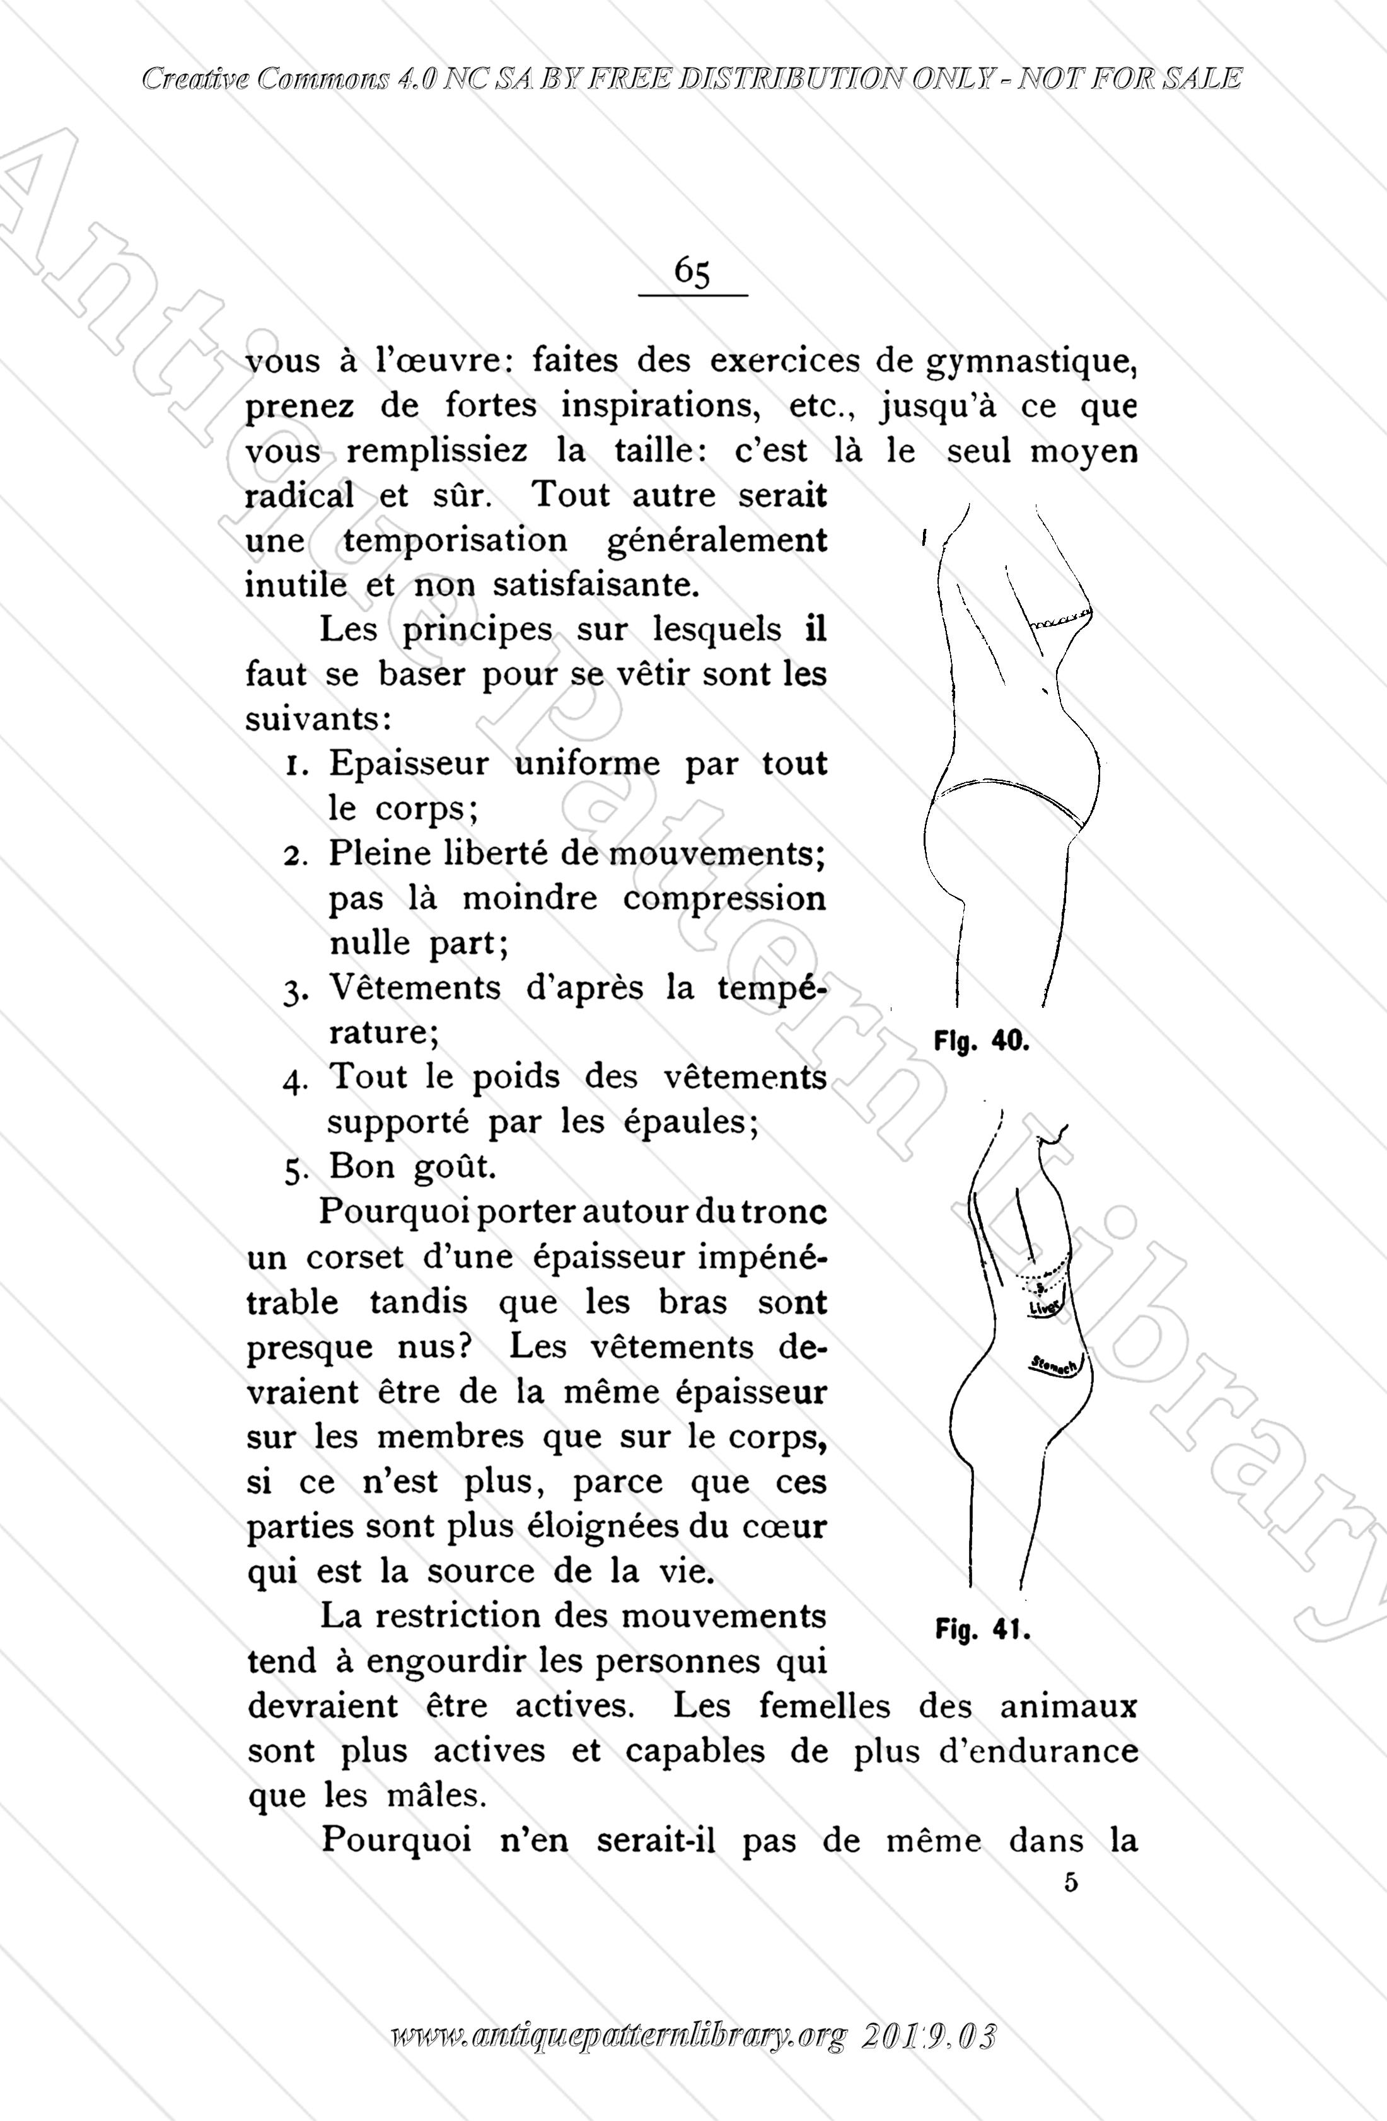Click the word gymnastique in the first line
point(1032,362)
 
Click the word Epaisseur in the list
point(409,765)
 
